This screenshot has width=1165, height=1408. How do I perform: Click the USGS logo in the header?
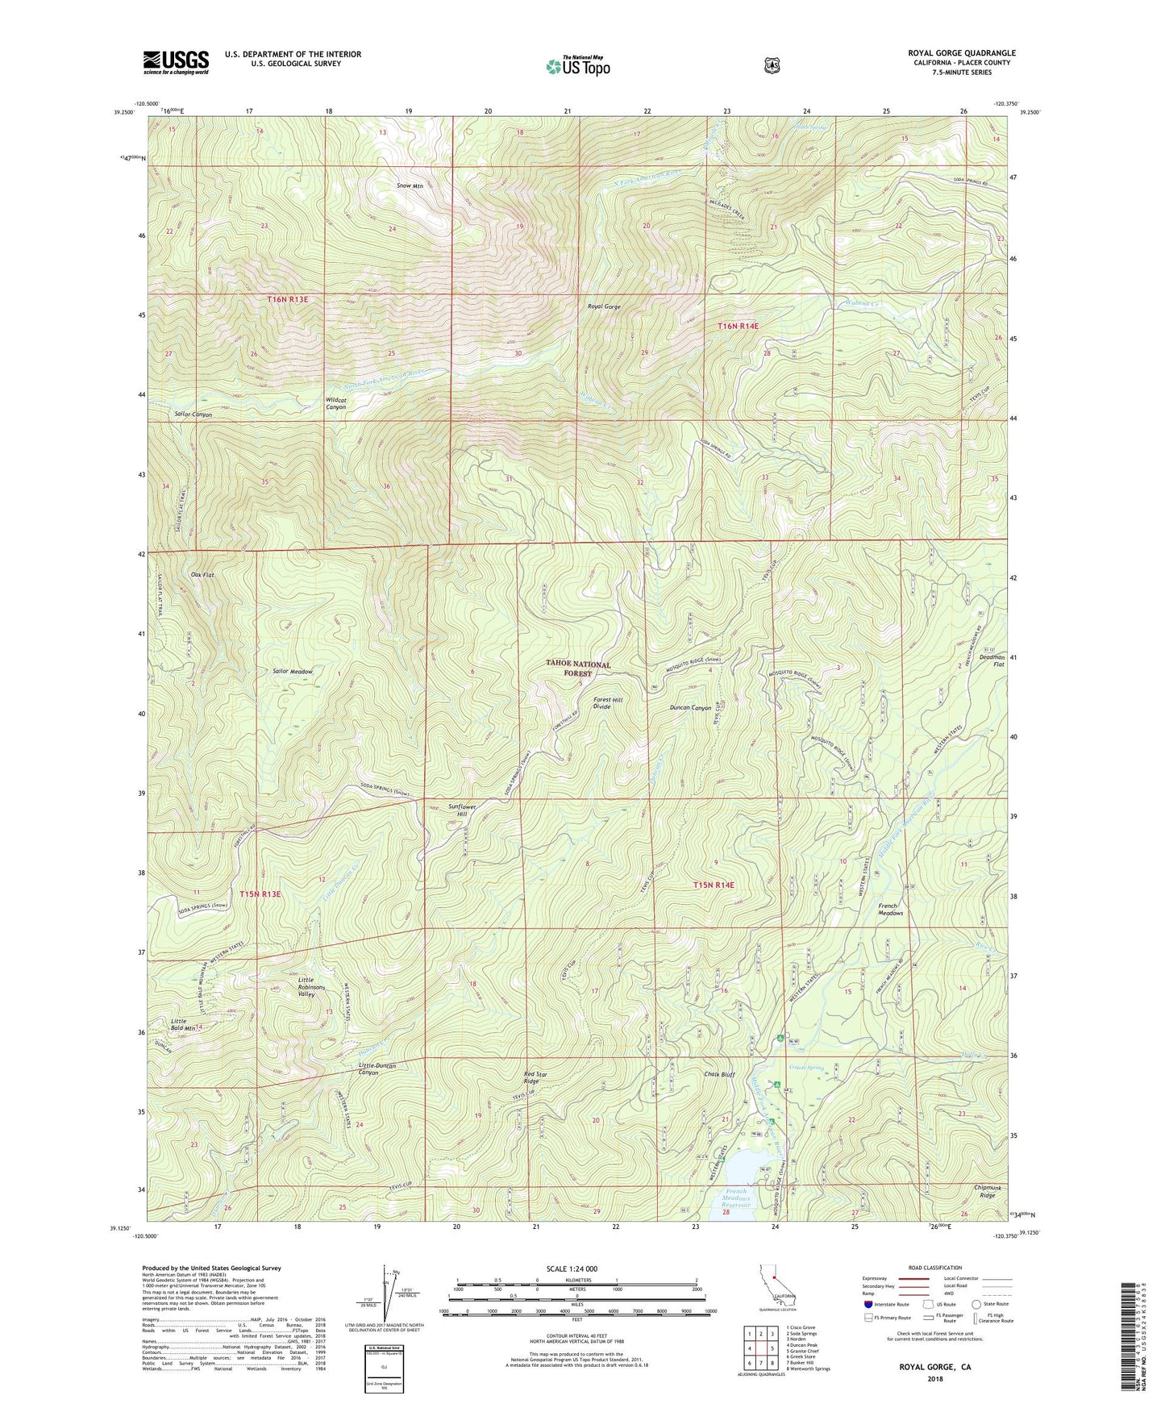176,62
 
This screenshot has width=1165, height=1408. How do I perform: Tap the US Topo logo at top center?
576,66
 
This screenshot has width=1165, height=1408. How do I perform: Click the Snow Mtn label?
410,186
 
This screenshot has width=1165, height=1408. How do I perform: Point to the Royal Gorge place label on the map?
604,306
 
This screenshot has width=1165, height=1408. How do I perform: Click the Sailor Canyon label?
193,414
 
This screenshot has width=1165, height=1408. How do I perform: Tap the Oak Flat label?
202,575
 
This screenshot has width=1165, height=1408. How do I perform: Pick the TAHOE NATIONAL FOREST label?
578,669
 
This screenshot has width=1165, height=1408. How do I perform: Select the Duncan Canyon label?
691,708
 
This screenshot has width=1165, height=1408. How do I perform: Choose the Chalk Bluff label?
719,1075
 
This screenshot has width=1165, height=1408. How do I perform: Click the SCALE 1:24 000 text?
572,1268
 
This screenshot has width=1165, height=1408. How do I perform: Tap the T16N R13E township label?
288,299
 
